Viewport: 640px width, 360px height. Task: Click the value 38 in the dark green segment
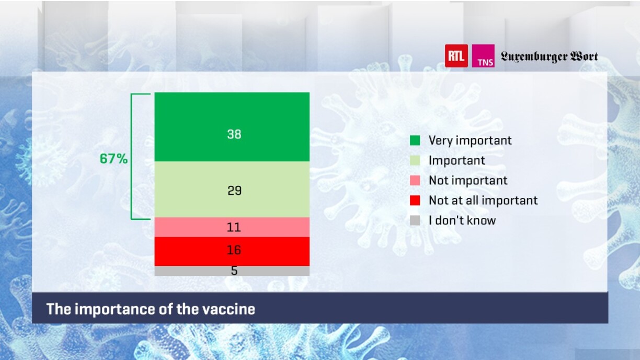tap(234, 134)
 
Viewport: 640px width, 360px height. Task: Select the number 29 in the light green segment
tap(234, 190)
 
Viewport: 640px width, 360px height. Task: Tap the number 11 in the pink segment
tap(234, 227)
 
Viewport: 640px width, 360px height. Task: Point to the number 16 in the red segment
tap(234, 250)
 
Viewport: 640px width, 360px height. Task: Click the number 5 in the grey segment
tap(234, 271)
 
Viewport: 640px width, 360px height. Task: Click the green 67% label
tap(113, 159)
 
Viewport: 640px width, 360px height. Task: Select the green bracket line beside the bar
tap(131, 156)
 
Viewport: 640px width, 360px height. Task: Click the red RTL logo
tap(456, 56)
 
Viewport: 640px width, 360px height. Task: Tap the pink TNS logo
tap(483, 56)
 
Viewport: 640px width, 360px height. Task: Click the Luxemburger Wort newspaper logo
tap(549, 56)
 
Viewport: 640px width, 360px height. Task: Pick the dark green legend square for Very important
tap(415, 141)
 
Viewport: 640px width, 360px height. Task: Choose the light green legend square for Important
tap(415, 160)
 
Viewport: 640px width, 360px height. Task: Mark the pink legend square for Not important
tap(415, 180)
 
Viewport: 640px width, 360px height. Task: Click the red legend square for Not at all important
tap(415, 201)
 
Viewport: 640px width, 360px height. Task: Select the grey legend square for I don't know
tap(415, 220)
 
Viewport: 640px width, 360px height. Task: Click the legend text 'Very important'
tap(470, 141)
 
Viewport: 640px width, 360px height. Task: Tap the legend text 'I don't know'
tap(462, 220)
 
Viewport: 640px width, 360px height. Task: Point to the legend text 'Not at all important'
tap(483, 201)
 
